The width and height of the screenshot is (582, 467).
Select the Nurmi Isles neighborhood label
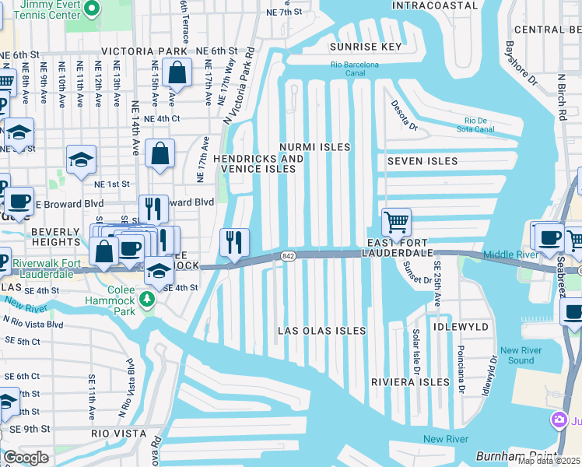[x=315, y=147]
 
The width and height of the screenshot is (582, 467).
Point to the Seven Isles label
[x=422, y=161]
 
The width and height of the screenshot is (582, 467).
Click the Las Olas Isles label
[x=322, y=331]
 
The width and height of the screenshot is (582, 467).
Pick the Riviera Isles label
[x=410, y=382]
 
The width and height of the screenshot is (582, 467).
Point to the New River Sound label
[x=517, y=355]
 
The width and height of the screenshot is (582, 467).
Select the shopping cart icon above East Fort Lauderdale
[x=396, y=223]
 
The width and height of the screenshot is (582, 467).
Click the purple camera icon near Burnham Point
[x=558, y=421]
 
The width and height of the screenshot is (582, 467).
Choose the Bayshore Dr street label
[x=522, y=64]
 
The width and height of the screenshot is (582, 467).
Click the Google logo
[x=26, y=458]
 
